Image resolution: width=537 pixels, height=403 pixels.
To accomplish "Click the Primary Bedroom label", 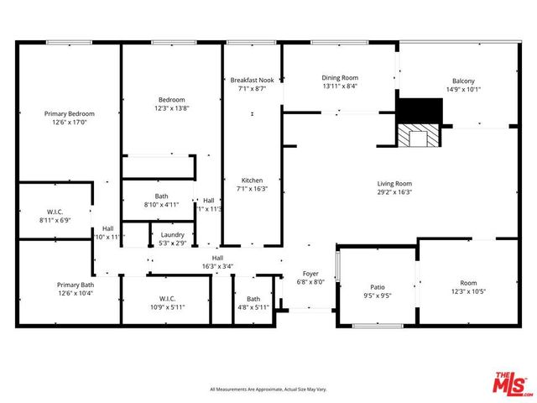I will (70, 113).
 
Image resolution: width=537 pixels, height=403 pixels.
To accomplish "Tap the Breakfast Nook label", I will (253, 80).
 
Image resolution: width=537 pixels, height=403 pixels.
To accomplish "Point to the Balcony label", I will (463, 81).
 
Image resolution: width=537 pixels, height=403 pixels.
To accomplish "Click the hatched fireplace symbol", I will (418, 137).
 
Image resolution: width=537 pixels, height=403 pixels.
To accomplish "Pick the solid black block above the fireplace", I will (419, 111).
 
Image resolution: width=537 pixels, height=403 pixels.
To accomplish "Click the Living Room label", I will (394, 183).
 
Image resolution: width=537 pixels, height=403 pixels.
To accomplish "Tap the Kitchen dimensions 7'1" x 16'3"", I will (253, 189).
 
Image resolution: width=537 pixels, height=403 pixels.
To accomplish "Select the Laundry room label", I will (173, 235).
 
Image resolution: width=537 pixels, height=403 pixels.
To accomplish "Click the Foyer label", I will (310, 274).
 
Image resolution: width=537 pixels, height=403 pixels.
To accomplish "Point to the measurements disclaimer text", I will (268, 390).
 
